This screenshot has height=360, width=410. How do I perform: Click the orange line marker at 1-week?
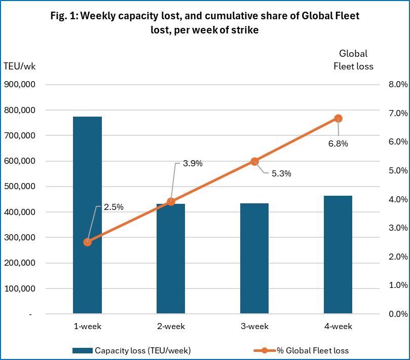click(x=88, y=242)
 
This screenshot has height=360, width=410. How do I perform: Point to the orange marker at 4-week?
click(x=338, y=119)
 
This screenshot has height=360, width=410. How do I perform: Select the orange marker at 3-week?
click(x=254, y=161)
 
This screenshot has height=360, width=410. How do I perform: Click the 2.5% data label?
click(x=114, y=207)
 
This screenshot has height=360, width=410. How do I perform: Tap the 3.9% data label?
click(x=192, y=163)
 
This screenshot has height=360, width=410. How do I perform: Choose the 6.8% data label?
click(x=338, y=143)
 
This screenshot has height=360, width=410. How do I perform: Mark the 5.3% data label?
click(x=281, y=173)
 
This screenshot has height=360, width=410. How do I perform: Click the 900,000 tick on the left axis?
click(x=19, y=85)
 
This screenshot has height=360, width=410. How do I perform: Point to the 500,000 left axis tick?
click(x=19, y=187)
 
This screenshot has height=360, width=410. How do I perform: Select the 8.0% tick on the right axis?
click(x=397, y=85)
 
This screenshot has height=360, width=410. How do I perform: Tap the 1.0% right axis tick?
click(x=397, y=285)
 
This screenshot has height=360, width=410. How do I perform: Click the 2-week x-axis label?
click(x=171, y=326)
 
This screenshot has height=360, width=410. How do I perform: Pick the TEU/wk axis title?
click(x=19, y=66)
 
